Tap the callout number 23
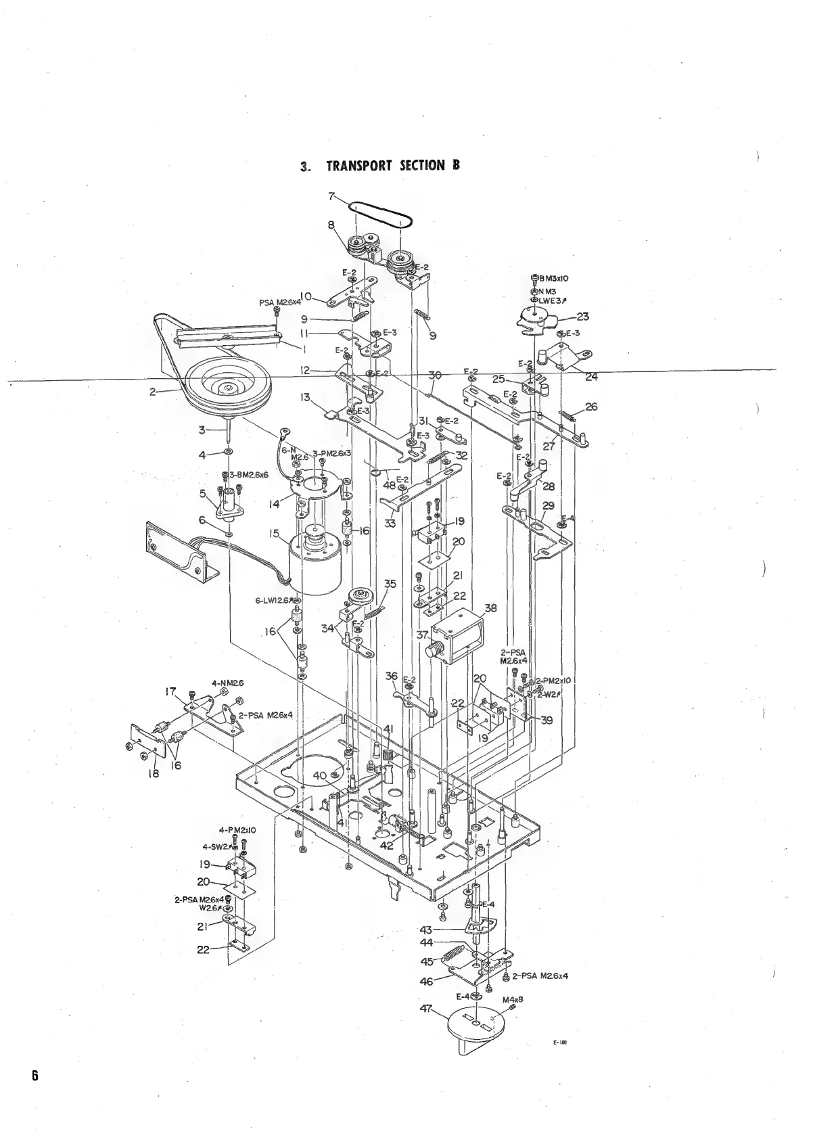coord(582,316)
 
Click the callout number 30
coord(435,375)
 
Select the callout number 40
coord(320,775)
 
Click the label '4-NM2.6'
coord(227,683)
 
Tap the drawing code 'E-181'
coord(559,1061)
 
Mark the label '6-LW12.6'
coord(274,600)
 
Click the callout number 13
coord(306,397)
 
